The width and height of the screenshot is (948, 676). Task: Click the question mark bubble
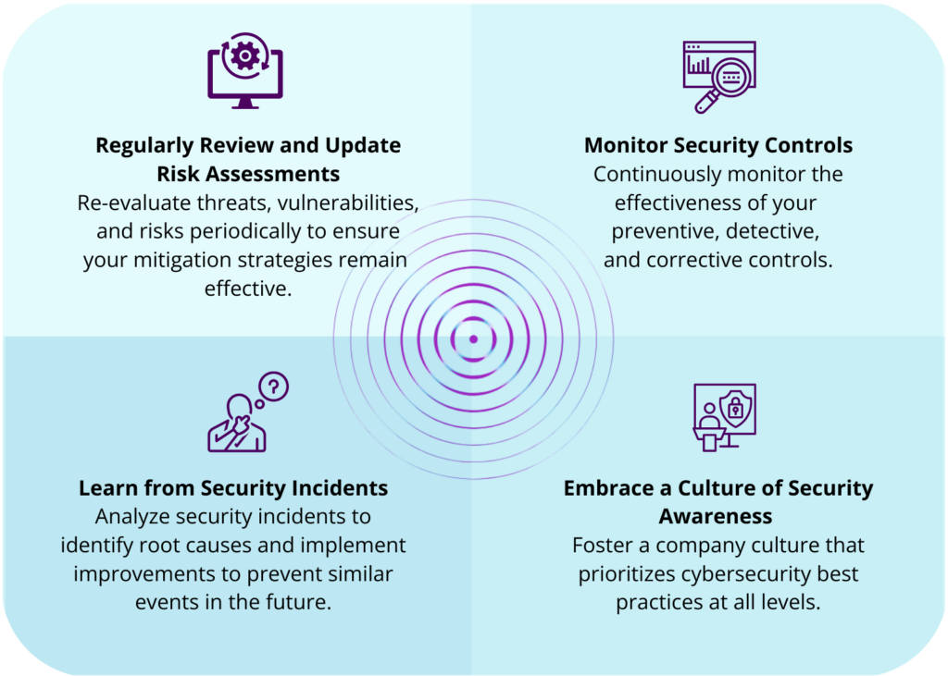[x=275, y=386]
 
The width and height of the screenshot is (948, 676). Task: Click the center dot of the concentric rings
[x=473, y=339]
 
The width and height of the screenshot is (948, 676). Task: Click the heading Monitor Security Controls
[x=718, y=145]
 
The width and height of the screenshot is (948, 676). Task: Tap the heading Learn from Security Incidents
[x=233, y=488]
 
